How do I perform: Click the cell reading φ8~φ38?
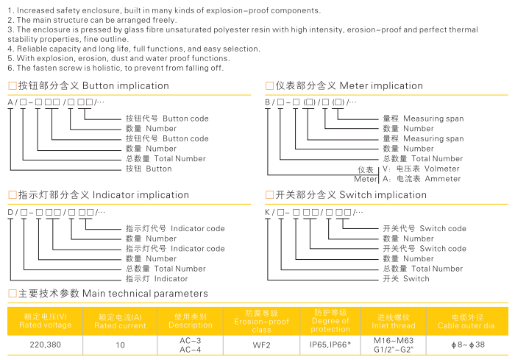pyautogui.click(x=468, y=345)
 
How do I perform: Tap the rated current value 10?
pyautogui.click(x=121, y=345)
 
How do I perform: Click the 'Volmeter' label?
pyautogui.click(x=438, y=169)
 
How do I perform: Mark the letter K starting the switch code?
pyautogui.click(x=268, y=211)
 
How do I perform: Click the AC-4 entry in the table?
pyautogui.click(x=191, y=349)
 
